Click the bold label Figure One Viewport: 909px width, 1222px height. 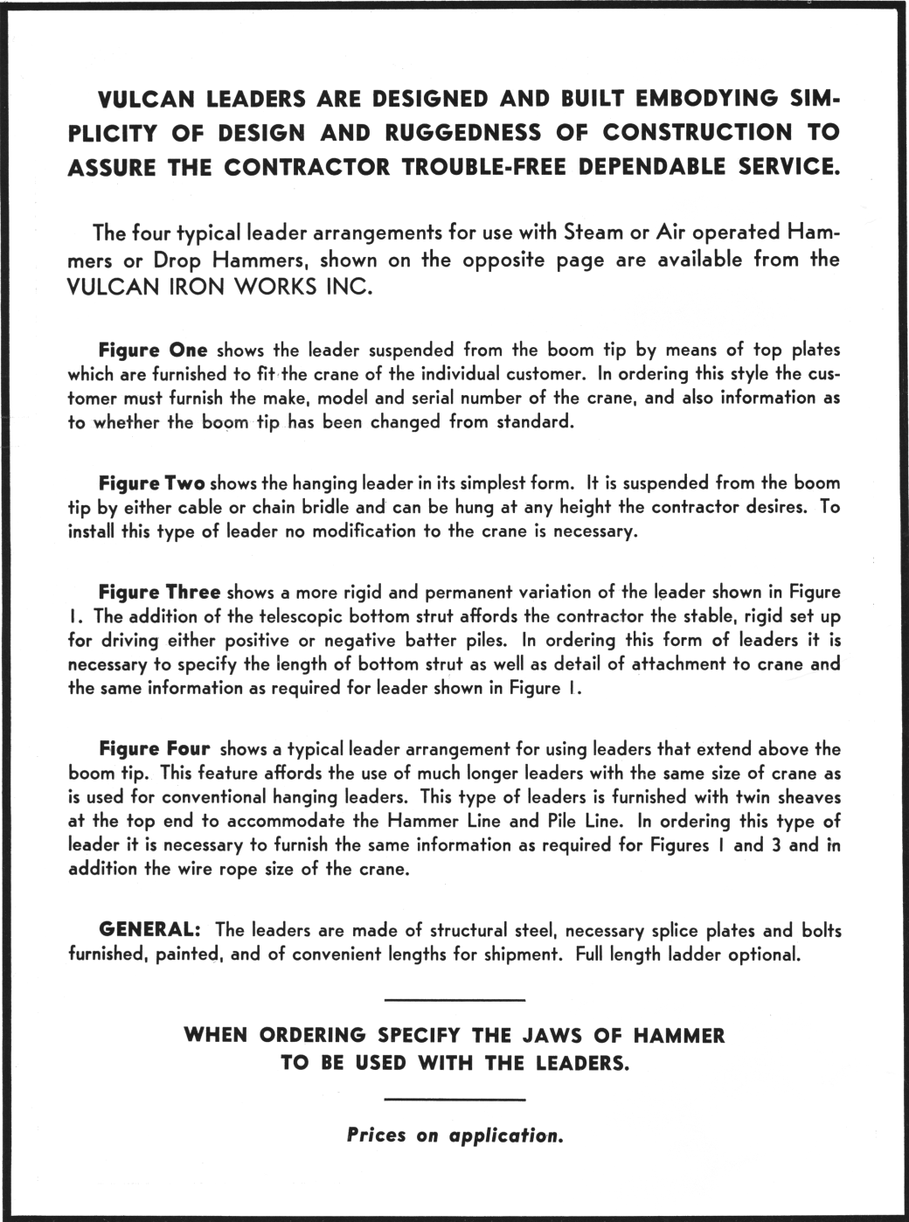tap(153, 351)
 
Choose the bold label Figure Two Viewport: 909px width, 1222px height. tap(152, 483)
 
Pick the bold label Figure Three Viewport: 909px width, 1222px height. tap(159, 593)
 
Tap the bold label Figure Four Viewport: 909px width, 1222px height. tap(155, 749)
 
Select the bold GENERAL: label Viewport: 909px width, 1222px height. tap(151, 928)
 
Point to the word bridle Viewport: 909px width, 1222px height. tap(323, 507)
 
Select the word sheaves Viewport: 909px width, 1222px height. tap(808, 797)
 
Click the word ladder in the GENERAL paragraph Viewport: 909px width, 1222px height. tap(699, 953)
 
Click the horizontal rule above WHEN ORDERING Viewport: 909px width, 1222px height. tap(454, 1000)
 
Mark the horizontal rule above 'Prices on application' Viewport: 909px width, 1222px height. tap(454, 1099)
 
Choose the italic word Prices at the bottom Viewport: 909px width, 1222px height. tap(377, 1135)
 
